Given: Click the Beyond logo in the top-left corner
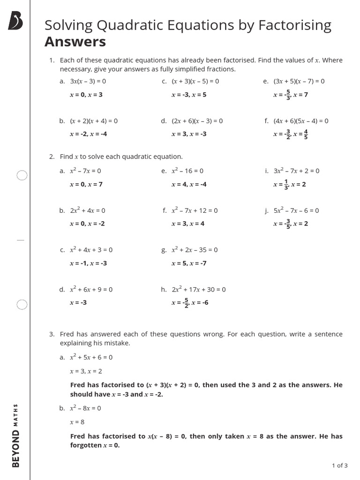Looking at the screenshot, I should (x=15, y=22).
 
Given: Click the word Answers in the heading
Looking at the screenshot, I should (x=75, y=42).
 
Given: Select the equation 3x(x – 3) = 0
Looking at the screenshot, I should (x=88, y=81).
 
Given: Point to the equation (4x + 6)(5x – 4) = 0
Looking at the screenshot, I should (x=301, y=121).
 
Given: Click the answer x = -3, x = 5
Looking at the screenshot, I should (x=189, y=95).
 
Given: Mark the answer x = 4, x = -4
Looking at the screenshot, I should (x=189, y=184).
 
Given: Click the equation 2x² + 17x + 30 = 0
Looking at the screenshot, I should (x=198, y=289).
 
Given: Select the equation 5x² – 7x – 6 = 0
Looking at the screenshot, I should (x=296, y=210).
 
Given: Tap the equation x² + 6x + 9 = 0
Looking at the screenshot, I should (x=91, y=289).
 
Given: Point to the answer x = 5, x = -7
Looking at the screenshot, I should (x=189, y=263).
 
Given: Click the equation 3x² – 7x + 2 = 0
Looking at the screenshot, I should (x=296, y=171).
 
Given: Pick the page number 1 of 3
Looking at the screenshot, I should (x=339, y=465).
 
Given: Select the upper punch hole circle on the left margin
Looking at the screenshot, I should (x=22, y=176).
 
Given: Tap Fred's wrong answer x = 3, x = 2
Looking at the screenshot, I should (x=86, y=371).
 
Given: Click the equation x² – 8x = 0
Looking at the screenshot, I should (x=85, y=408).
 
